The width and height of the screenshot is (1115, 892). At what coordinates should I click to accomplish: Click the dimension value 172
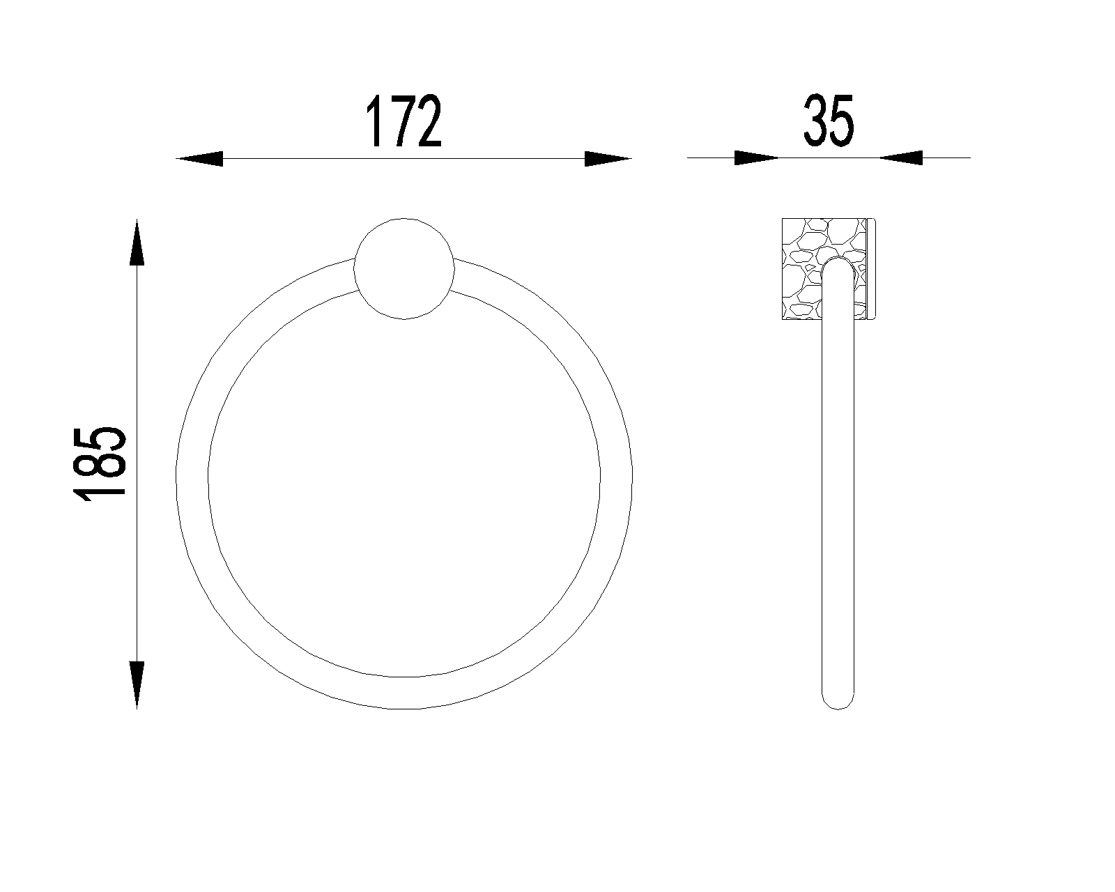coord(404,122)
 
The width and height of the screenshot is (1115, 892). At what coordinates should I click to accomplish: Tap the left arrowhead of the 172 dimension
coord(199,159)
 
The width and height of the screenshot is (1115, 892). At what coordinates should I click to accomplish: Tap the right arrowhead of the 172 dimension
coord(608,159)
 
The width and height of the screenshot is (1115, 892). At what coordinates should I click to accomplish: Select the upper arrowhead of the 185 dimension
coord(137,242)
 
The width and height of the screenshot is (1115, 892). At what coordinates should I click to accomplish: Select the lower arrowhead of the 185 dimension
coord(137,685)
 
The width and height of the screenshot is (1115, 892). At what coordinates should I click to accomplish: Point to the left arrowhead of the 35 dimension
coord(757,157)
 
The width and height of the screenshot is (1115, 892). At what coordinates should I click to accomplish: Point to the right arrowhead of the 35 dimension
coord(900,157)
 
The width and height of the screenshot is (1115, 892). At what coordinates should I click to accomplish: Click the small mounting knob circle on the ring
coord(404,268)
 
